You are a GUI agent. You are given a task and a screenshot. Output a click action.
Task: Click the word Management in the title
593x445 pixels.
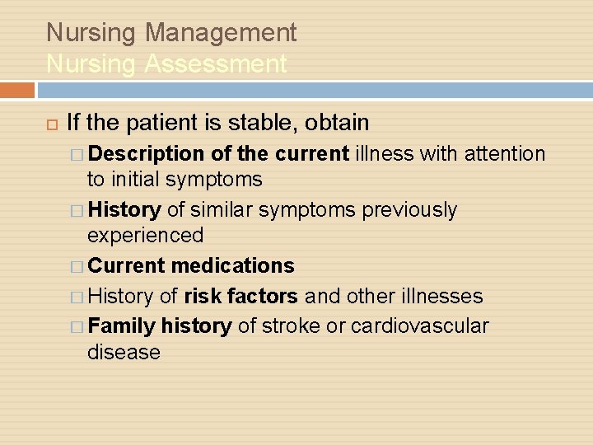click(220, 33)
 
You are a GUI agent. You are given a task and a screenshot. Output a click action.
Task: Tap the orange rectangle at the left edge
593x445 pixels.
click(17, 90)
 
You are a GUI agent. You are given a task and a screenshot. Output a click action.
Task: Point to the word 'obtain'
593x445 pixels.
click(337, 123)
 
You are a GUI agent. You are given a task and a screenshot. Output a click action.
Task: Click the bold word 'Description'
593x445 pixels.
click(146, 154)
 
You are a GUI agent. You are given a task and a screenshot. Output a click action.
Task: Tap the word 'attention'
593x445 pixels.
click(505, 154)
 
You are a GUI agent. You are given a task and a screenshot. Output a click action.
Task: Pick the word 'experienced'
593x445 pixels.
click(145, 236)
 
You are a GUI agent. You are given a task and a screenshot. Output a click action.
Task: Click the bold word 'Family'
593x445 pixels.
click(122, 326)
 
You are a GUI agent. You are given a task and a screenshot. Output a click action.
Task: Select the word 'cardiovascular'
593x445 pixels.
click(419, 326)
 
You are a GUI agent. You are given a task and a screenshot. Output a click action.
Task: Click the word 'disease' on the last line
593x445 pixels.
click(124, 352)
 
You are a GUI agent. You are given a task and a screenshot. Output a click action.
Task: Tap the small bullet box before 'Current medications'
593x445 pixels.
click(77, 267)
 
